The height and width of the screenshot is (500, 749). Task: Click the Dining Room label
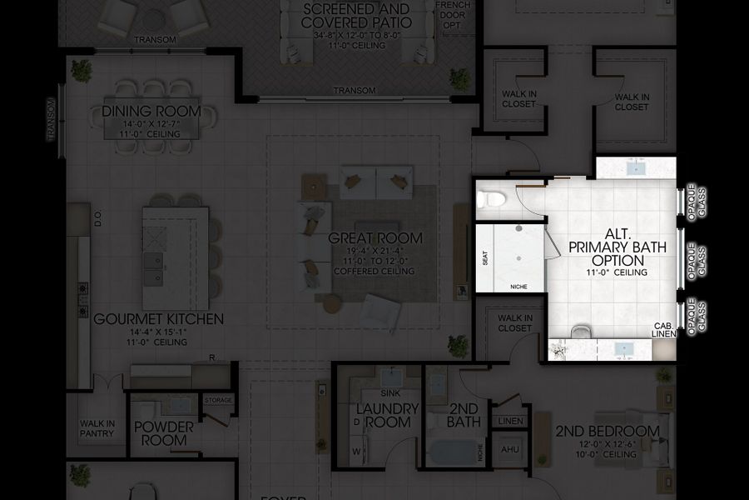[151, 111]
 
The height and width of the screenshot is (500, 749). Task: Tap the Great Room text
[375, 238]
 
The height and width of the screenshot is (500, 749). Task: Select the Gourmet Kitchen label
[158, 318]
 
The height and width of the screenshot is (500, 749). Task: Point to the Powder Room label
[163, 433]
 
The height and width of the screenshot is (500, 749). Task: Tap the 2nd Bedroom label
[608, 431]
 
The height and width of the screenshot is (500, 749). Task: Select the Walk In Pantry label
[97, 428]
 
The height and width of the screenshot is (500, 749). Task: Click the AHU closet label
[509, 449]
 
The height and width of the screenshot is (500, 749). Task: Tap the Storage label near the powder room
[218, 401]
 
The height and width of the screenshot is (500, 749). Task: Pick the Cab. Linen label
[663, 330]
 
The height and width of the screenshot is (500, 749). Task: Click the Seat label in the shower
[485, 259]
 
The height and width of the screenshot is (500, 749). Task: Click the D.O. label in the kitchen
[97, 218]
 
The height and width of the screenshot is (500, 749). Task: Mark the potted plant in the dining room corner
[82, 70]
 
